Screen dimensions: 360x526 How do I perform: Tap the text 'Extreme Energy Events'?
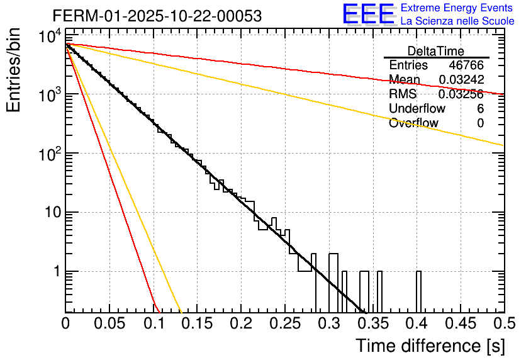pyautogui.click(x=457, y=8)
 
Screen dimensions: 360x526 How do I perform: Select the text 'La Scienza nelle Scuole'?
pyautogui.click(x=457, y=21)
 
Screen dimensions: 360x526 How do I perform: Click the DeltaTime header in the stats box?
pyautogui.click(x=436, y=50)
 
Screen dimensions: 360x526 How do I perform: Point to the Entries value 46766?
pyautogui.click(x=466, y=65)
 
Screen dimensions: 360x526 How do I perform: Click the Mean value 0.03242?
pyautogui.click(x=461, y=79)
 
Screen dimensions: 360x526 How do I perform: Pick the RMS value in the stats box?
pyautogui.click(x=461, y=94)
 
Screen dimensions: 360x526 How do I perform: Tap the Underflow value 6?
pyautogui.click(x=480, y=108)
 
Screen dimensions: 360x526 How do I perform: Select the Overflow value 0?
pyautogui.click(x=480, y=123)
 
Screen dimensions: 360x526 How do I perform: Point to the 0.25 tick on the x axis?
pyautogui.click(x=285, y=323)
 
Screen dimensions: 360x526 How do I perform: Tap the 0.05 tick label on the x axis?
pyautogui.click(x=109, y=323)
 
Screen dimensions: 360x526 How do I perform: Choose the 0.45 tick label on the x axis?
pyautogui.click(x=460, y=323)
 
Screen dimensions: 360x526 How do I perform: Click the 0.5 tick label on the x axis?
pyautogui.click(x=503, y=323)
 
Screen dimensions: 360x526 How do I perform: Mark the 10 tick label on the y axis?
pyautogui.click(x=50, y=213)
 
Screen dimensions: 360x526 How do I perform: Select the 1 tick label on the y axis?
pyautogui.click(x=55, y=272)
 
